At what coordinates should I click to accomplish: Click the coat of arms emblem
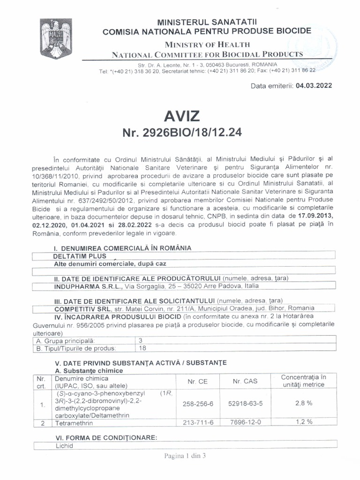[55, 37]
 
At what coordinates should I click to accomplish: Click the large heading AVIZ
[182, 115]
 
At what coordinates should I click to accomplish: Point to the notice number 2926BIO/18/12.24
[182, 133]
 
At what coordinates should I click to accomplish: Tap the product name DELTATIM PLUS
[80, 256]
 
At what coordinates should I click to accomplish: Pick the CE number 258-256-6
[198, 403]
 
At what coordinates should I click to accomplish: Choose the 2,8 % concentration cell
[303, 403]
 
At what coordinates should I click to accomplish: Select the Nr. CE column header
[198, 382]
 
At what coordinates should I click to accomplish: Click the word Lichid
[64, 446]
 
